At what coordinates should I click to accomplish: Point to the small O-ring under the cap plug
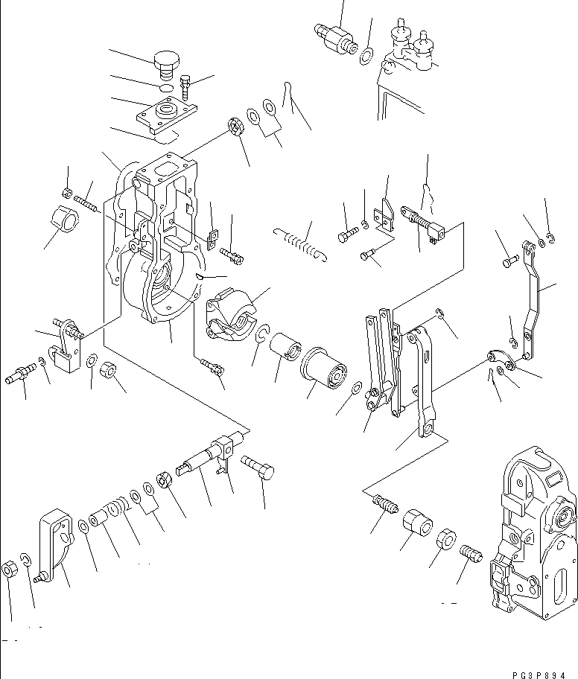click(x=168, y=88)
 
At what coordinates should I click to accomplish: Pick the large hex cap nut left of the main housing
click(x=68, y=221)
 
